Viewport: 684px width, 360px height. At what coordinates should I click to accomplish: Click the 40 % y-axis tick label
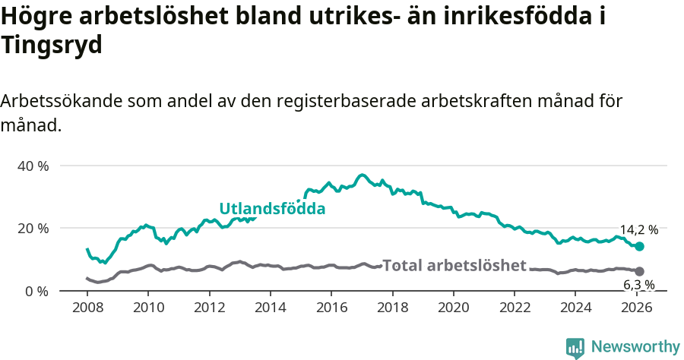[x=33, y=166]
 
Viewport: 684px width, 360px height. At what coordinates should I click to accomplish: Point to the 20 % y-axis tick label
[x=33, y=229]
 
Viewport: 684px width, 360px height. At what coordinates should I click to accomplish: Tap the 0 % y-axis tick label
[x=36, y=291]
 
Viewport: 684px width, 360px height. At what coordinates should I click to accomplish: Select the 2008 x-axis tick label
[x=87, y=308]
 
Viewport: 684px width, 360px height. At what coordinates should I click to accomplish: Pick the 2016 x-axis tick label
[x=331, y=308]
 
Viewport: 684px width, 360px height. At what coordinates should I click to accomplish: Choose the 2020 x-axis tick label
[x=453, y=308]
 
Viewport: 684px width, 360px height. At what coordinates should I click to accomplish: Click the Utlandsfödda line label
[x=272, y=208]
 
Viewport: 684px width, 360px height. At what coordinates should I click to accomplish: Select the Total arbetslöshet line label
[x=454, y=265]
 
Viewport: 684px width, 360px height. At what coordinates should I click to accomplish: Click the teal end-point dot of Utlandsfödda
[x=640, y=246]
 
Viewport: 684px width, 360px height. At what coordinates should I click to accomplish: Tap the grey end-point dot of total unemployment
[x=640, y=271]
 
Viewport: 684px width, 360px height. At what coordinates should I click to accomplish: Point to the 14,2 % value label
[x=638, y=229]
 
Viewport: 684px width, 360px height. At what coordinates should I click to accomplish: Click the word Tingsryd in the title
[x=52, y=46]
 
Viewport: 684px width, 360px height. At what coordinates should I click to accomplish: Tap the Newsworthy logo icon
[x=575, y=348]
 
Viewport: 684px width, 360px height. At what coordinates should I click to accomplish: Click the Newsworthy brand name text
[x=635, y=347]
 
